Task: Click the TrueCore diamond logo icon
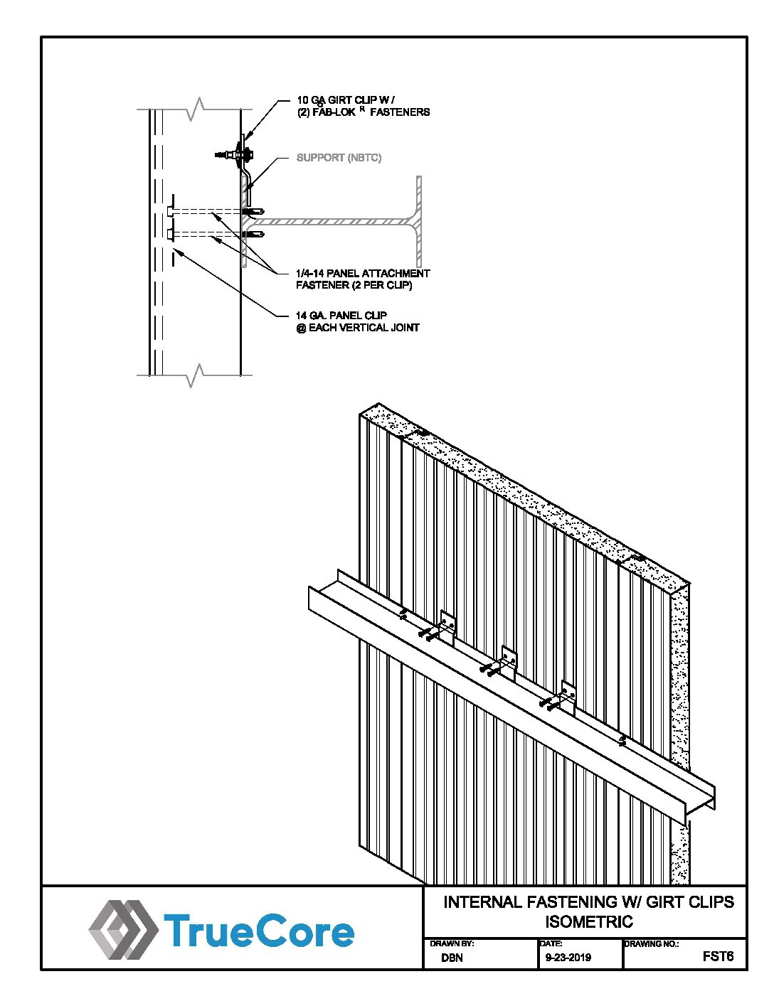[x=122, y=928]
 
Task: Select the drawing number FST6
[x=717, y=956]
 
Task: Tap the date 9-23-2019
[x=568, y=958]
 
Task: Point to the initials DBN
[x=452, y=958]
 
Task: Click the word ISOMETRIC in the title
[x=588, y=922]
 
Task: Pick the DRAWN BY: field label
[x=452, y=943]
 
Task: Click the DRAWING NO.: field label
[x=652, y=943]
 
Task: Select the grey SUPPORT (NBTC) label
[x=339, y=158]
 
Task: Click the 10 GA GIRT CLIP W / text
[x=345, y=100]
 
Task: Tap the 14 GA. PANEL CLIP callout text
[x=341, y=315]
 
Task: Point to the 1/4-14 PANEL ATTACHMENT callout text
[x=363, y=273]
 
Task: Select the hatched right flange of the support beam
[x=419, y=221]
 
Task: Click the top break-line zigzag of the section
[x=195, y=109]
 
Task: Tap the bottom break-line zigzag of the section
[x=195, y=374]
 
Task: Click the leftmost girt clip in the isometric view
[x=447, y=626]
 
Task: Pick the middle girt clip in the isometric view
[x=508, y=661]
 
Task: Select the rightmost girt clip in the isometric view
[x=568, y=697]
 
